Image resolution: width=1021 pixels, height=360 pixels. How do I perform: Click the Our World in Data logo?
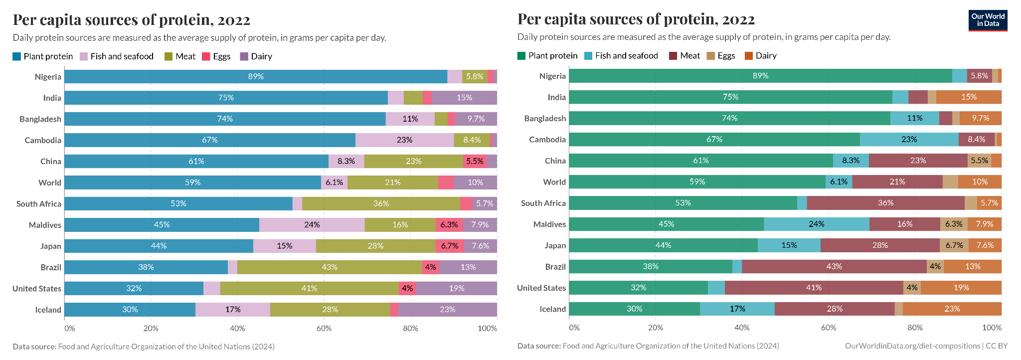[988, 20]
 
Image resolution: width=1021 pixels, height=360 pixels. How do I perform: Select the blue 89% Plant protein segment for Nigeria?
[256, 76]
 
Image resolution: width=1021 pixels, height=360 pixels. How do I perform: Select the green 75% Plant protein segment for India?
[730, 97]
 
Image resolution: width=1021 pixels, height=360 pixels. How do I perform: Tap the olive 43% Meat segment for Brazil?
[330, 267]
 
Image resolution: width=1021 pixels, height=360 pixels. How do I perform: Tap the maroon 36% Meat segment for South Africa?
[885, 203]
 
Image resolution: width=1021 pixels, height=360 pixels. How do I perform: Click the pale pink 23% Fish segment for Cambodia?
[404, 140]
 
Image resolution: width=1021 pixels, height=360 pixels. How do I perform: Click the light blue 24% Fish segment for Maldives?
[816, 224]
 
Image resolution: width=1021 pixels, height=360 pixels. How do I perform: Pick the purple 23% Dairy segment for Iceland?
[447, 310]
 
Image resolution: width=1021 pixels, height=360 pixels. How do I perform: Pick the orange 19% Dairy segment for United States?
[961, 288]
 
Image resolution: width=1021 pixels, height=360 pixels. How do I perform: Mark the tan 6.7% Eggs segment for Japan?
[954, 245]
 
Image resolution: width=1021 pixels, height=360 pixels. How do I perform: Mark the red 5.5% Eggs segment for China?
[475, 161]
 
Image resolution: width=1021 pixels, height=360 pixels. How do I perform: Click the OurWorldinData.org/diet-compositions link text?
[912, 346]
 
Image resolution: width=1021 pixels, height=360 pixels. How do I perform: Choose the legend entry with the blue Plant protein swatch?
[43, 56]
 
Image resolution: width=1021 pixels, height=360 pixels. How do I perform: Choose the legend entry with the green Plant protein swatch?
[547, 55]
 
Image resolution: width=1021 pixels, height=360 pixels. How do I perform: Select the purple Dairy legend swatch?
[244, 56]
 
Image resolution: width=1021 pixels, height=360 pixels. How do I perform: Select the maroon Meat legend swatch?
[673, 55]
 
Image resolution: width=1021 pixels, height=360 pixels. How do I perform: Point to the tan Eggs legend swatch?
[711, 55]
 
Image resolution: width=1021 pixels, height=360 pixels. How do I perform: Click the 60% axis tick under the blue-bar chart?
[324, 328]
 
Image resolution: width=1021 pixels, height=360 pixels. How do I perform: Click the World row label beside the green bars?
[554, 182]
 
